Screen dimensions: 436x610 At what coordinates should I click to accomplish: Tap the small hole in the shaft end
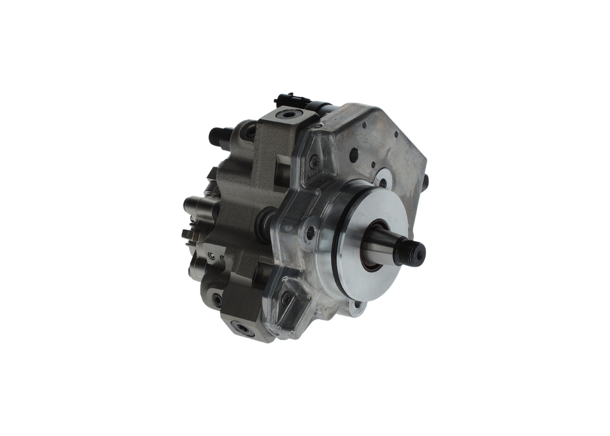419,255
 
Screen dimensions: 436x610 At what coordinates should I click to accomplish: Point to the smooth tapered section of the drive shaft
388,245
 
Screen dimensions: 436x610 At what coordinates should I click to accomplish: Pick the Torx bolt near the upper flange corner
314,162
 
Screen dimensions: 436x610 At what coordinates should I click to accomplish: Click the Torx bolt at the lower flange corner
286,299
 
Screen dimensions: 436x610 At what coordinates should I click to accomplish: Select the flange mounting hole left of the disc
310,233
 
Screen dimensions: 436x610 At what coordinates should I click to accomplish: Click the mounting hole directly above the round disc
383,182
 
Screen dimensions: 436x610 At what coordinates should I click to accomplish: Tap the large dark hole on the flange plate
354,155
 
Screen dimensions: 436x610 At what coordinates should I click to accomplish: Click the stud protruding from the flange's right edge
425,181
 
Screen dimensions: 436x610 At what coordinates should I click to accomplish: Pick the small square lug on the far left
187,235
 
